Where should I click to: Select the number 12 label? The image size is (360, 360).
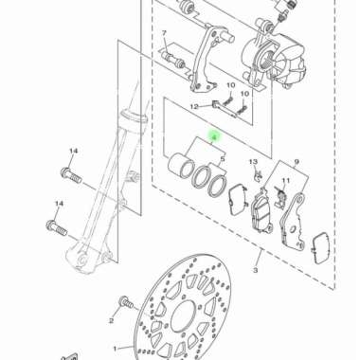tap(193, 106)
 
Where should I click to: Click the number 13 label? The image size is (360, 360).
tap(254, 163)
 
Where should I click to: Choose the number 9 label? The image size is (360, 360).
tap(296, 163)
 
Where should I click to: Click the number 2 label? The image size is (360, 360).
tap(111, 321)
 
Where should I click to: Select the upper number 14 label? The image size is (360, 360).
tap(73, 152)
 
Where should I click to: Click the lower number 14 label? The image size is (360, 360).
tap(59, 204)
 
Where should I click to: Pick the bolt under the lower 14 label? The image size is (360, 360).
tap(55, 226)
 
